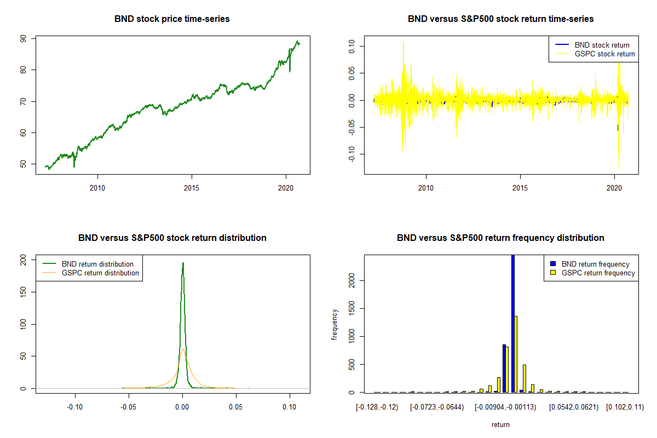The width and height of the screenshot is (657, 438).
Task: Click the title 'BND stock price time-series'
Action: (x=172, y=19)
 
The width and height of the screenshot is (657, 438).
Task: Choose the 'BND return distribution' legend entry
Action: (x=97, y=264)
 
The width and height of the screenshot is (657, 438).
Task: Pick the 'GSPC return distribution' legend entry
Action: (x=100, y=273)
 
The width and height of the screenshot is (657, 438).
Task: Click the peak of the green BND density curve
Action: (x=183, y=263)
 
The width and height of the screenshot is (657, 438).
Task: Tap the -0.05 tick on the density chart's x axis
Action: (x=129, y=407)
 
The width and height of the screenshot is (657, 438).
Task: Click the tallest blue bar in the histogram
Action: (x=513, y=323)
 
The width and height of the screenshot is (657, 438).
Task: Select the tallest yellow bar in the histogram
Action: (x=516, y=354)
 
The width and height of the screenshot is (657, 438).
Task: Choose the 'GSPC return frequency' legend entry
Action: (x=598, y=273)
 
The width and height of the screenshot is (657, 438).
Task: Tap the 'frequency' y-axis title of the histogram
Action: (x=335, y=324)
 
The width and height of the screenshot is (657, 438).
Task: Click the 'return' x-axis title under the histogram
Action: (x=500, y=424)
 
